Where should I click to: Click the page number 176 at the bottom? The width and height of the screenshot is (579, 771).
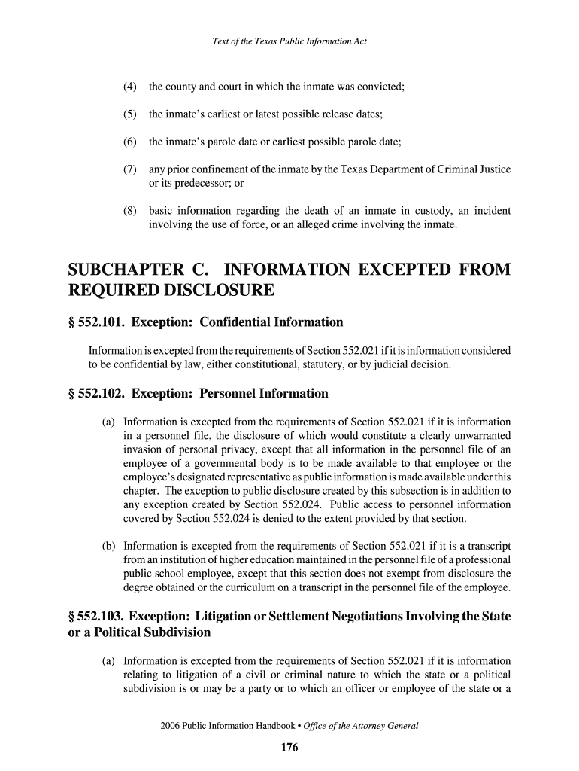pos(289,748)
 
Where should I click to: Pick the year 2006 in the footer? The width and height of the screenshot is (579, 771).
pos(172,727)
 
